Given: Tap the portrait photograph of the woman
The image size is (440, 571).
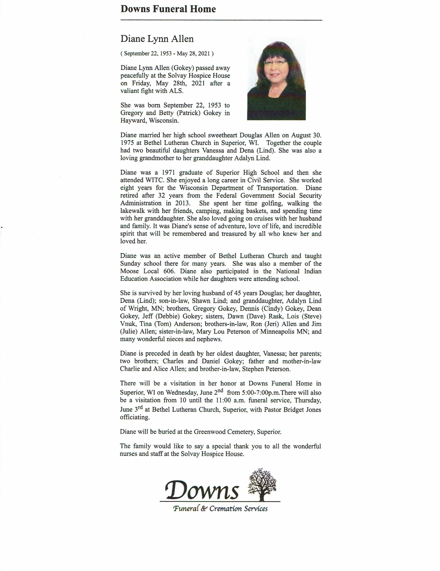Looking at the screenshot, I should [276, 78].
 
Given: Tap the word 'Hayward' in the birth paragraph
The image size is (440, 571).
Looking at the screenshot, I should [132, 121].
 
